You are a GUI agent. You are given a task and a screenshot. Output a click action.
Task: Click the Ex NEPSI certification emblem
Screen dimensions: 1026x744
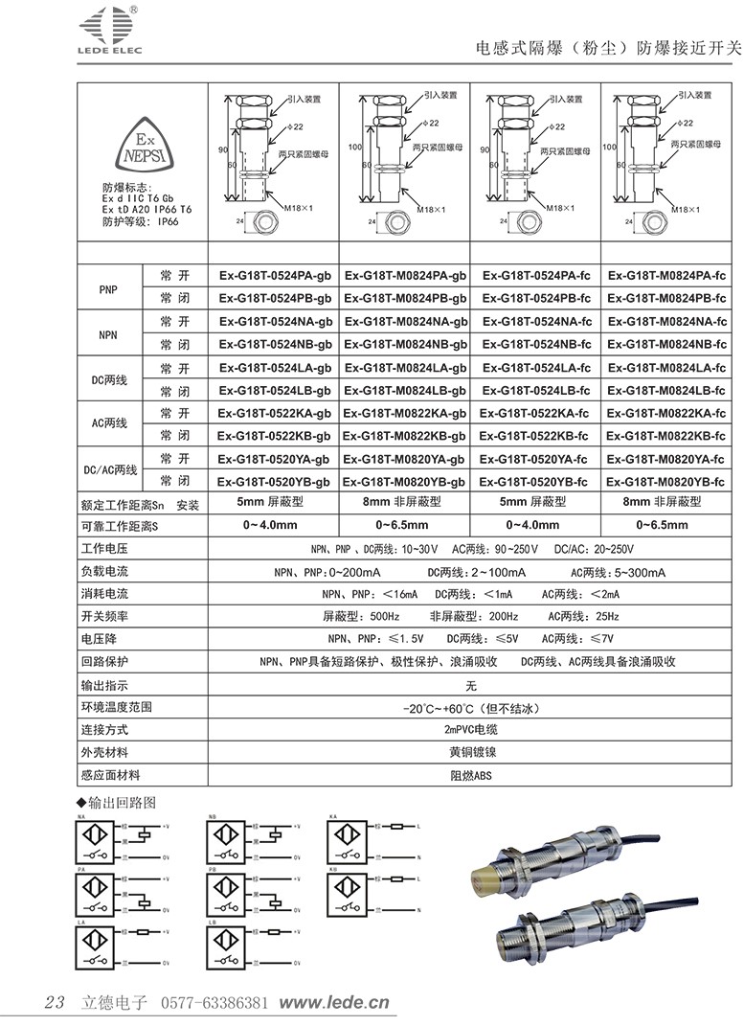[x=134, y=145]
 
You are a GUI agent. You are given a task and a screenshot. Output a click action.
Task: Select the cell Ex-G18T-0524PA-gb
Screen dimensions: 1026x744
[x=275, y=275]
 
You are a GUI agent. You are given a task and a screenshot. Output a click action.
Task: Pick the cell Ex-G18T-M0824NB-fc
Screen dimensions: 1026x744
[x=667, y=344]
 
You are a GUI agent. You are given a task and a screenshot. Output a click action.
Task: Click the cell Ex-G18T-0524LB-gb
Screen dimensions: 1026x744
[x=275, y=390]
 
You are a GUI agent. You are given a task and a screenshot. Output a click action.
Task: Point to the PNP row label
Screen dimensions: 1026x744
[x=108, y=286]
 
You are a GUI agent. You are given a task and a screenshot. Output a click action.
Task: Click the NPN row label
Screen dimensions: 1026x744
[x=108, y=332]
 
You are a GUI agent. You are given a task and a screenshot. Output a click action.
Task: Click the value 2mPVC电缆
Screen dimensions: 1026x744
[x=470, y=731]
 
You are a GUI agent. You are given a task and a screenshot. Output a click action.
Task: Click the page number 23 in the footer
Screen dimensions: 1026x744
[x=55, y=1002]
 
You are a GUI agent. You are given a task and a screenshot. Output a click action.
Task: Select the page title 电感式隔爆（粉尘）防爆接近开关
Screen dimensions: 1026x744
[x=608, y=48]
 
